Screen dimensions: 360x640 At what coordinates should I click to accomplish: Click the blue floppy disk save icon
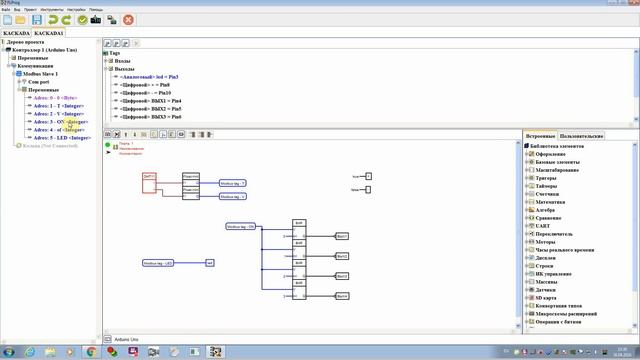37,19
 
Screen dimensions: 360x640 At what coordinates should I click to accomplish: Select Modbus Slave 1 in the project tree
42,74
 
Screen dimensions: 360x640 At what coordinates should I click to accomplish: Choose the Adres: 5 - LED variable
61,137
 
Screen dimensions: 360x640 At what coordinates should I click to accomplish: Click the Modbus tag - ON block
241,227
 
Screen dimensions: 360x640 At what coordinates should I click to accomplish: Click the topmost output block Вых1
342,236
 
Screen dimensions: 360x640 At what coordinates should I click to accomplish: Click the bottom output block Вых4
342,296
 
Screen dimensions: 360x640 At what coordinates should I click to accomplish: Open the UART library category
544,227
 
